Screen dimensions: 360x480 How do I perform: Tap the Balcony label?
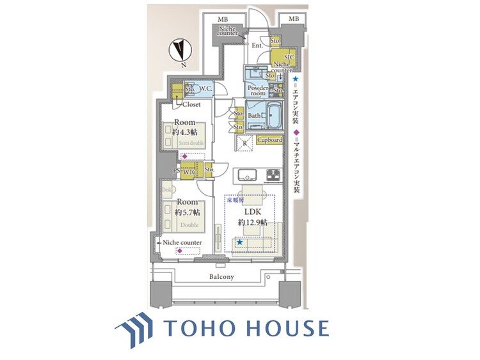[x=221, y=277]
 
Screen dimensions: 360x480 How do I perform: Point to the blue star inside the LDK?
[x=239, y=242]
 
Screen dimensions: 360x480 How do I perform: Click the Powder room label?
[x=258, y=90]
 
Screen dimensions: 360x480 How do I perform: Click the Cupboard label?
[x=270, y=140]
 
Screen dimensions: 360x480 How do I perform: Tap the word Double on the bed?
[x=189, y=225]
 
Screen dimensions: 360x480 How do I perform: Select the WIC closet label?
[x=189, y=171]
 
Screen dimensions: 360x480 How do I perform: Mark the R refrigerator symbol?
[x=245, y=144]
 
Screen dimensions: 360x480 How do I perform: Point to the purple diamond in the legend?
[x=296, y=132]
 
